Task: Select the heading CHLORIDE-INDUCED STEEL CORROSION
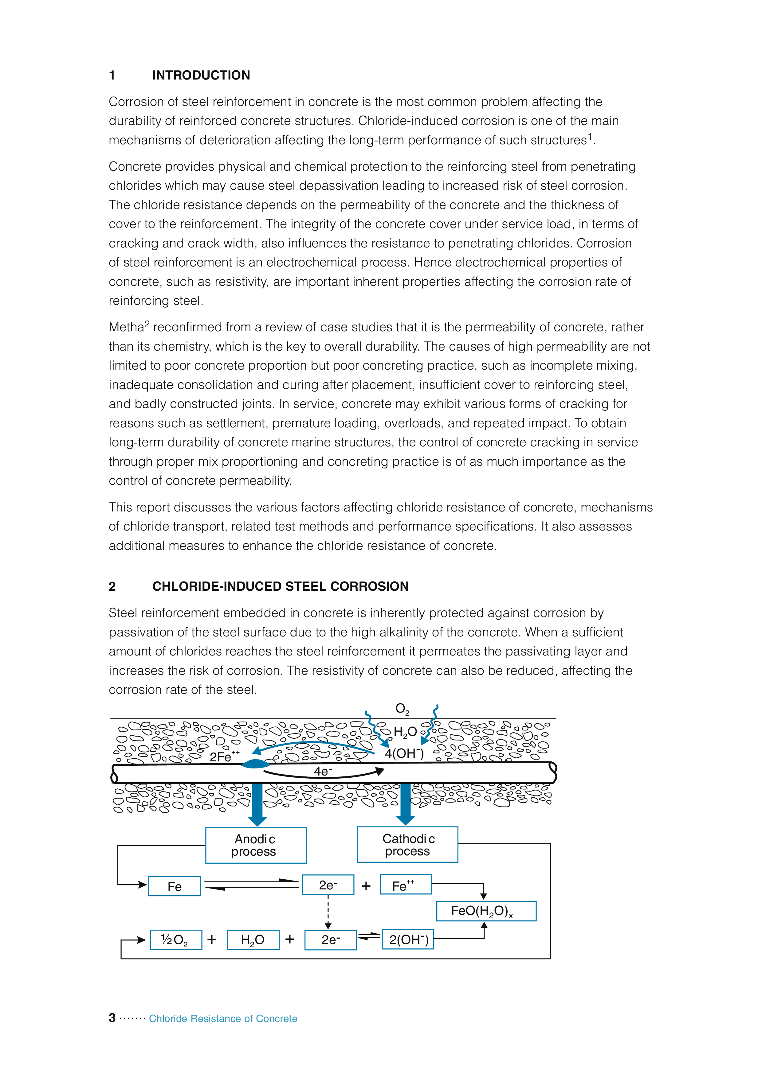[280, 586]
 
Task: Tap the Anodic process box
[256, 845]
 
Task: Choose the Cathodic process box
[407, 844]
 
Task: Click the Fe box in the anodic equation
[174, 886]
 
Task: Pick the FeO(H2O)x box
[486, 911]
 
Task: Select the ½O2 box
[175, 939]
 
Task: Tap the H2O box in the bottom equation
[253, 939]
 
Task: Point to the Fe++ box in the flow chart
[405, 885]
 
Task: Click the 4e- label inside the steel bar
[323, 771]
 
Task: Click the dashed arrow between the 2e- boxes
[328, 912]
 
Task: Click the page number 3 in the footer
[112, 1018]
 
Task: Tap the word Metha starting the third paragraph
[126, 327]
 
